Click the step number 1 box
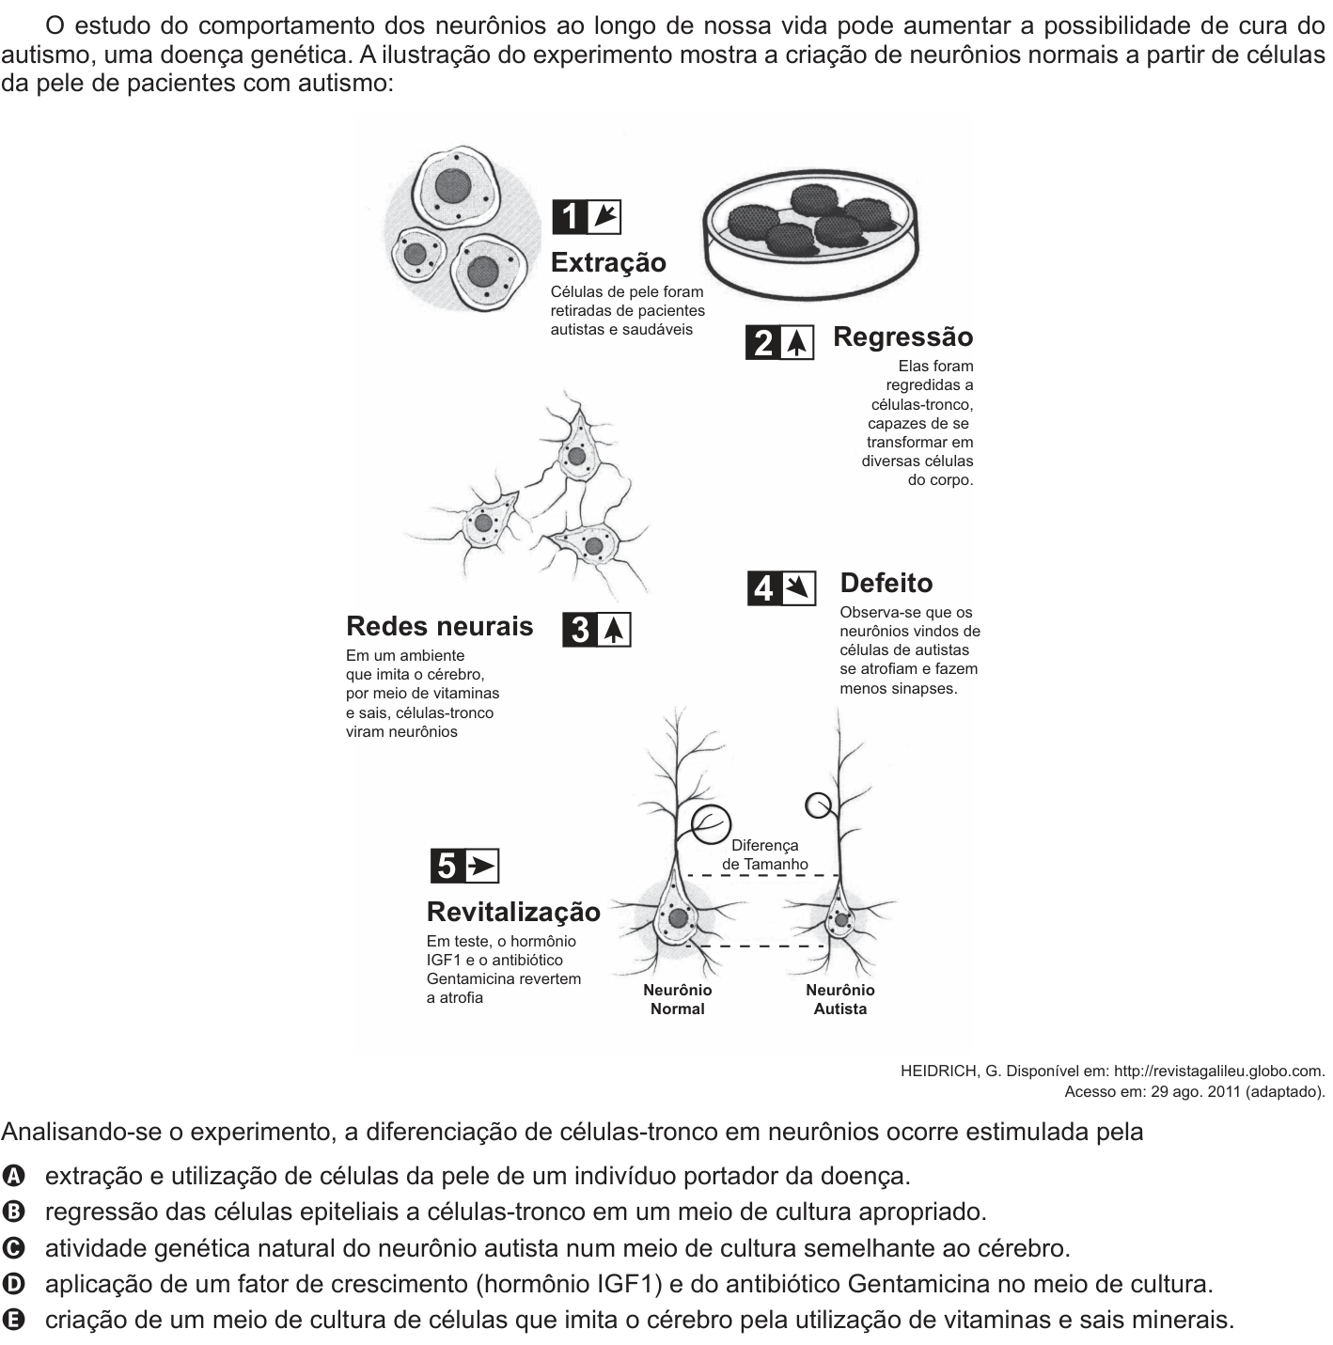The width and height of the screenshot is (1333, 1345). (570, 217)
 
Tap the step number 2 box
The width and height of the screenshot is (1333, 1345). (763, 342)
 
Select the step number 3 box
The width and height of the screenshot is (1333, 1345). (580, 630)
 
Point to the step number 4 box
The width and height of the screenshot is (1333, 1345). (764, 588)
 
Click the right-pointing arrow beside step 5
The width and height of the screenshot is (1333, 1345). (482, 867)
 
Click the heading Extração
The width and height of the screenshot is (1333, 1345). (608, 262)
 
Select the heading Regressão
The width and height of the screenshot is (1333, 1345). (902, 336)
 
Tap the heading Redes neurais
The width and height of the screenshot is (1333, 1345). (440, 626)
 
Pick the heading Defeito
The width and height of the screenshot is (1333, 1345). (886, 583)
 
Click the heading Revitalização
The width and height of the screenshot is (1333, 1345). (513, 912)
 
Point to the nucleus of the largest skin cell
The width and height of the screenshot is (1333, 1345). (452, 185)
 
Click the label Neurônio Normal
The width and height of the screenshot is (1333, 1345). (678, 999)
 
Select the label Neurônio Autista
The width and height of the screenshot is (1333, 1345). (840, 999)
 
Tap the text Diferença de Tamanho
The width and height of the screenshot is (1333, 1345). (764, 854)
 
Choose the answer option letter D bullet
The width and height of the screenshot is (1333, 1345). (12, 1284)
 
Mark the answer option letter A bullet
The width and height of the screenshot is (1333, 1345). (12, 1176)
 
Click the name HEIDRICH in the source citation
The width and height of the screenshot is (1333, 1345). (939, 1071)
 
